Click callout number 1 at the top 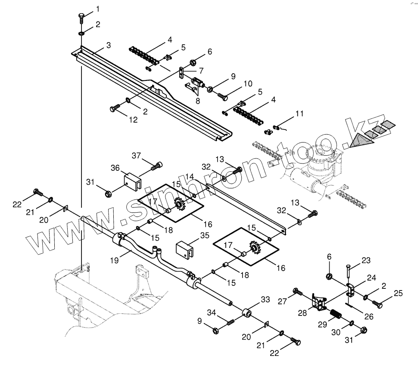(97, 9)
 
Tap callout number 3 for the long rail (108, 45)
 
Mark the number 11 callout (299, 114)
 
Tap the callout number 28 (303, 313)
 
